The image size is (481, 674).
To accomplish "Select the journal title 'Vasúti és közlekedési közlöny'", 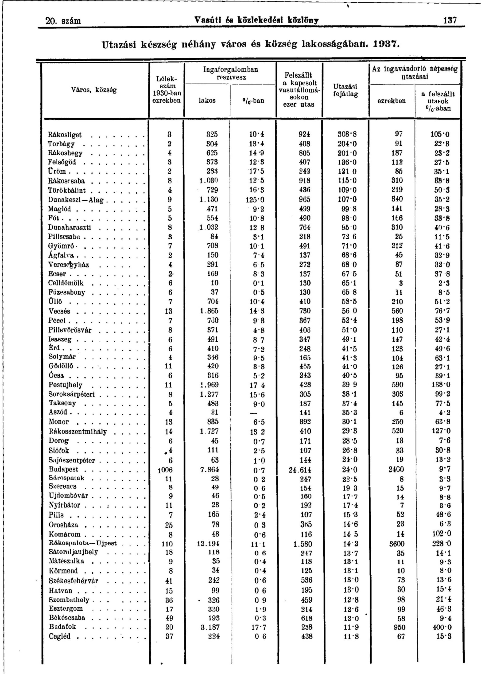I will pyautogui.click(x=256, y=20).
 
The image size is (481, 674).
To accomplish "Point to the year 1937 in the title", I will pyautogui.click(x=386, y=44).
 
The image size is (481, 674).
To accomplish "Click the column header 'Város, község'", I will pyautogui.click(x=94, y=90).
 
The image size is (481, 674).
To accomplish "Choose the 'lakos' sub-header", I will pyautogui.click(x=207, y=101).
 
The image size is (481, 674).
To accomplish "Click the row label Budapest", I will pyautogui.click(x=64, y=469).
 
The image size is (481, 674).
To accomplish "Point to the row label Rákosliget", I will pyautogui.click(x=65, y=135).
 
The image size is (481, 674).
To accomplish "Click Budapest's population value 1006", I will pyautogui.click(x=165, y=470).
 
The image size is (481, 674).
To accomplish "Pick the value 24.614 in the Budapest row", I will pyautogui.click(x=300, y=470).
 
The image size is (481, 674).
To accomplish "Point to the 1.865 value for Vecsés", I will pyautogui.click(x=209, y=311).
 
